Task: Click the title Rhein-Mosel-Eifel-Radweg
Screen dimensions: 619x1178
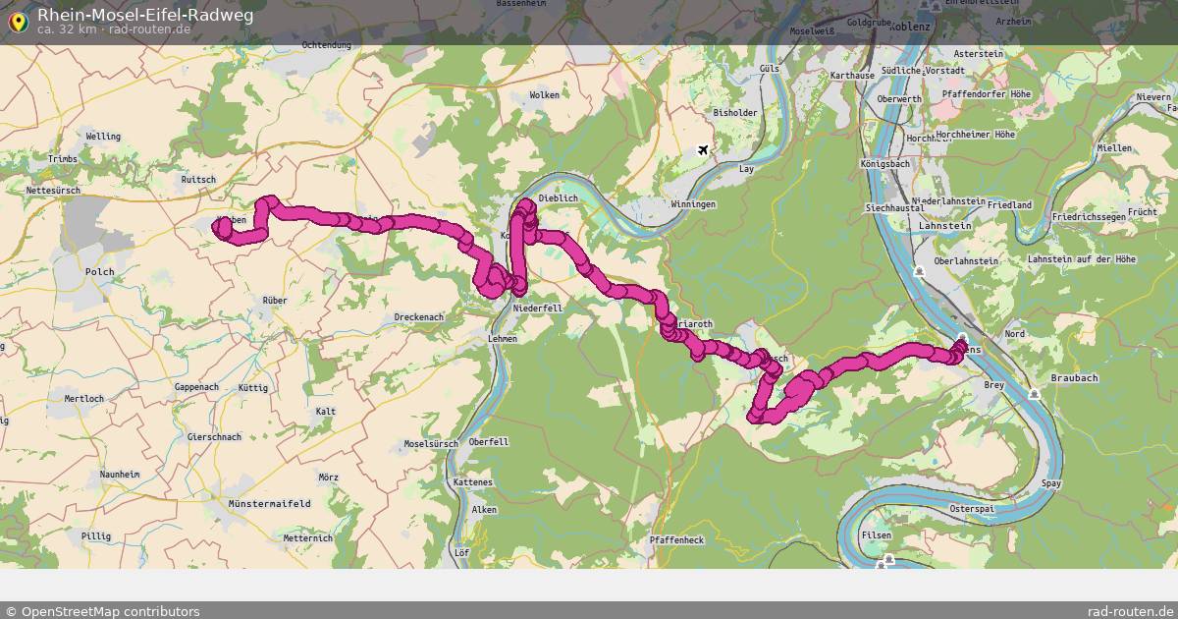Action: click(145, 14)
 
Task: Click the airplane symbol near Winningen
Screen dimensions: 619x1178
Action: click(703, 150)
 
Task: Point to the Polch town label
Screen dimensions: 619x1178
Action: click(100, 271)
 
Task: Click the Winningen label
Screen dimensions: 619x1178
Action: click(694, 204)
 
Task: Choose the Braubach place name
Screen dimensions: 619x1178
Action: click(1074, 377)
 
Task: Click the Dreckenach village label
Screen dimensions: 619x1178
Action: click(419, 317)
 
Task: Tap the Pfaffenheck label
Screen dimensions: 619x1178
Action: click(676, 540)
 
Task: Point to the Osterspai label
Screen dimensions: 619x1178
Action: click(973, 509)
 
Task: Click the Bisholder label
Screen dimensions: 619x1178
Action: click(735, 113)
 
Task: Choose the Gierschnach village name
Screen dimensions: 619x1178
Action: click(214, 436)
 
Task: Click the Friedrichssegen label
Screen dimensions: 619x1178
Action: click(1086, 215)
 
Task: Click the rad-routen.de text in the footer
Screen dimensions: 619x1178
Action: click(1131, 611)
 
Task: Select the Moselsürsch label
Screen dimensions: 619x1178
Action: click(431, 444)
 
